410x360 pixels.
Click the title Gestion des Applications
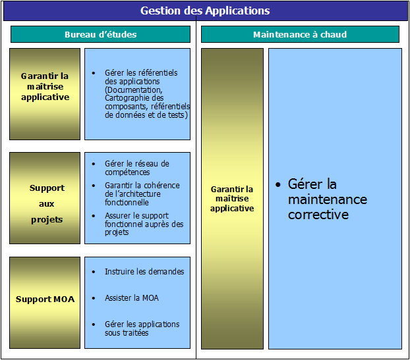pos(205,11)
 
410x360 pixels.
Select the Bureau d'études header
pos(100,34)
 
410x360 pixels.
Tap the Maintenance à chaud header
pos(300,34)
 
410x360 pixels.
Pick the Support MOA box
pos(45,299)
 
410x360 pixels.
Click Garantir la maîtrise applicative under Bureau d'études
pos(45,86)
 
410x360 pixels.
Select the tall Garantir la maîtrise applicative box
pos(232,199)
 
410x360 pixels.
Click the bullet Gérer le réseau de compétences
pos(136,168)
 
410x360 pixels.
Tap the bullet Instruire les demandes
pos(144,271)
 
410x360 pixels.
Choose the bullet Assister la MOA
pos(131,298)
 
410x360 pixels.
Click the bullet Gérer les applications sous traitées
pos(142,328)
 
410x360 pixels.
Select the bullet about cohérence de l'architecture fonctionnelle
pos(142,194)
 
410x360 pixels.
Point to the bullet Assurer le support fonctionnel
pos(144,224)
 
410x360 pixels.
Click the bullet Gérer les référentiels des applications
pos(141,76)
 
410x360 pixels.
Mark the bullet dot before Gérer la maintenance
pos(278,185)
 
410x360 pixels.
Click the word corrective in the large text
pos(318,215)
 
